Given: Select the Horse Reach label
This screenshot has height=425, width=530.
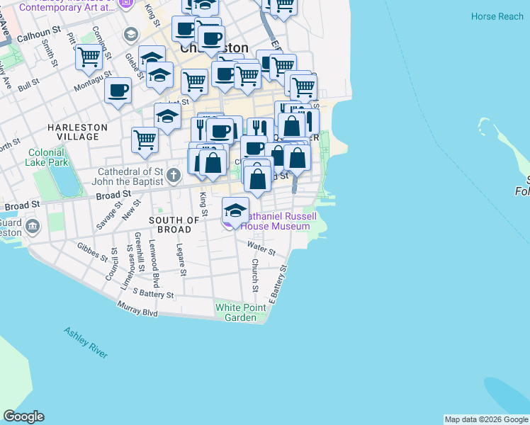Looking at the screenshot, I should pyautogui.click(x=497, y=16).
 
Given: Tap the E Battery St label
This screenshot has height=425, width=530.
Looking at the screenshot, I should pyautogui.click(x=277, y=282).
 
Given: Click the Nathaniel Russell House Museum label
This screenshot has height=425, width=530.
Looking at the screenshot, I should pyautogui.click(x=276, y=221).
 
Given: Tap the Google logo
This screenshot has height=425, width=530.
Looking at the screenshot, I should pyautogui.click(x=23, y=416).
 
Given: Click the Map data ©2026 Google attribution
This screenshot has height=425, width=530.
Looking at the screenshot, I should pyautogui.click(x=486, y=419).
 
